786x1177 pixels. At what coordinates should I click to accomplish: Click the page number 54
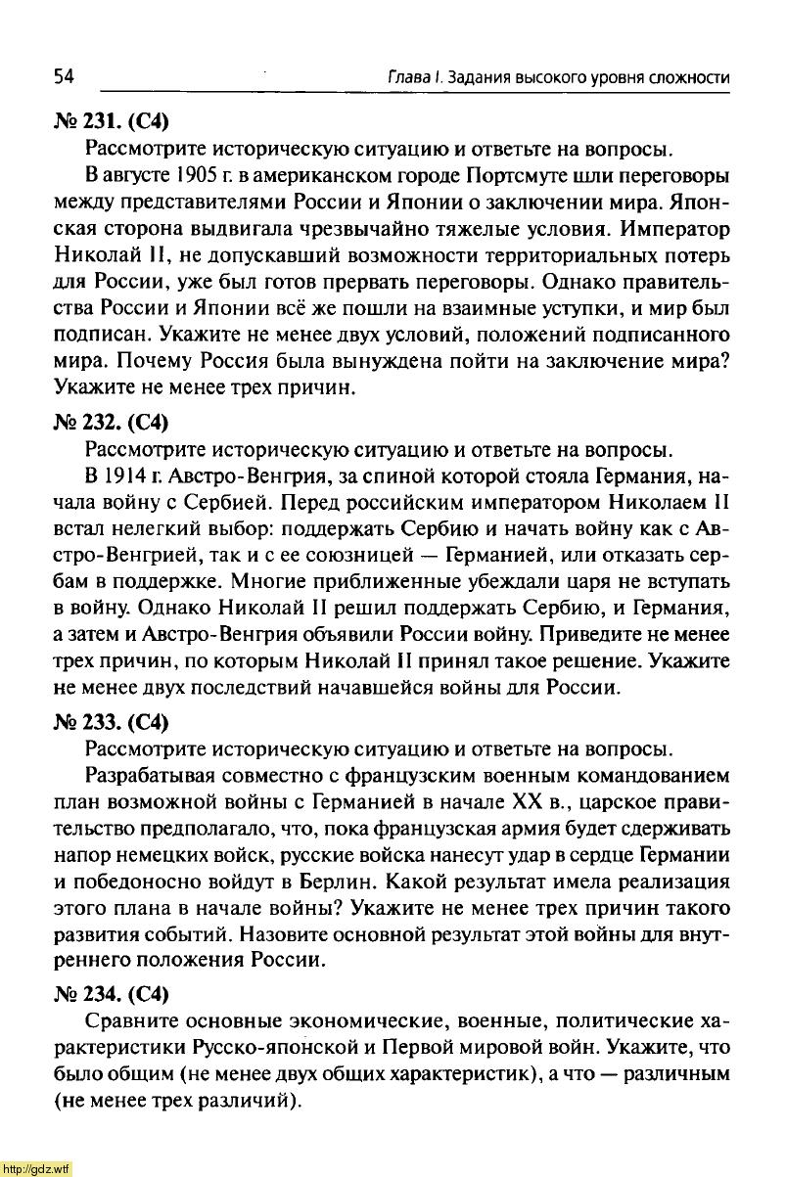65,77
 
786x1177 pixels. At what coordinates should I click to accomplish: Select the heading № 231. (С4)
113,122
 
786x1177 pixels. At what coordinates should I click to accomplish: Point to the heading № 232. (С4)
113,424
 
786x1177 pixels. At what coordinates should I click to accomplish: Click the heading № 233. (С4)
113,723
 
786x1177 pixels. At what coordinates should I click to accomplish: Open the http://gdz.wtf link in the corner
36,1168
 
